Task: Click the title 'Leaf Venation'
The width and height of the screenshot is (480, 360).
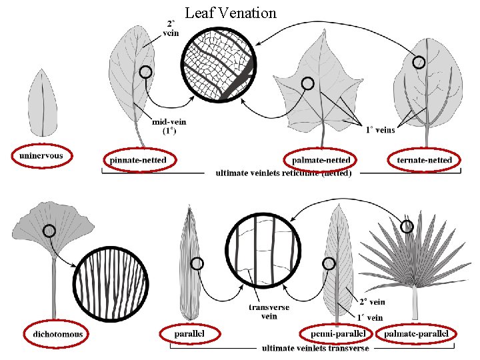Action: click(230, 12)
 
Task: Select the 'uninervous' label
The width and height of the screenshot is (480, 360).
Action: click(41, 156)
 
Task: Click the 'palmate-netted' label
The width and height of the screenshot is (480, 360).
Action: click(321, 160)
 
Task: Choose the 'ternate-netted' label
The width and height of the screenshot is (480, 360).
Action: click(424, 160)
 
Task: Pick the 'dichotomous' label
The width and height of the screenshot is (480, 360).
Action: click(57, 333)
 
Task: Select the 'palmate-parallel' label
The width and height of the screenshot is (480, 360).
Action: click(417, 333)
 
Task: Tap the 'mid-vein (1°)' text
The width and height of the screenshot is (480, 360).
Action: click(169, 126)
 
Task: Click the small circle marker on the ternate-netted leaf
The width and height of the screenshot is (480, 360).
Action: click(418, 63)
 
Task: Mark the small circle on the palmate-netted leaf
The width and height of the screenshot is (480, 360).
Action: click(307, 83)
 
